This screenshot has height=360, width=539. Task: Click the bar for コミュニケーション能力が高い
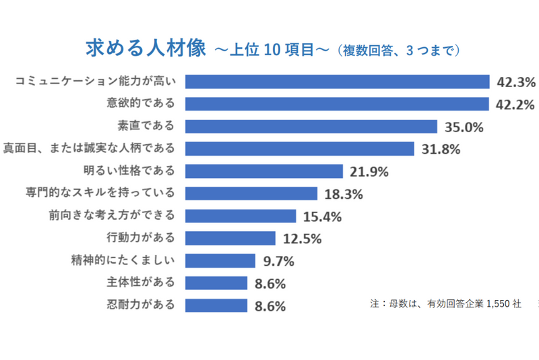337,82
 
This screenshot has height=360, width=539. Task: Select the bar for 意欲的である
337,104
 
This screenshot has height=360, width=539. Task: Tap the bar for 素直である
311,126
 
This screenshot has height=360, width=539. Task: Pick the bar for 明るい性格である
264,171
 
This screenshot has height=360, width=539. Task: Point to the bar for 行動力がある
230,238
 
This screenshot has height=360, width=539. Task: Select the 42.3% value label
515,82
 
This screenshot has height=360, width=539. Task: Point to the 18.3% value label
344,194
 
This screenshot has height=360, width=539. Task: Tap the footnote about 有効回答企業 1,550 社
445,303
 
